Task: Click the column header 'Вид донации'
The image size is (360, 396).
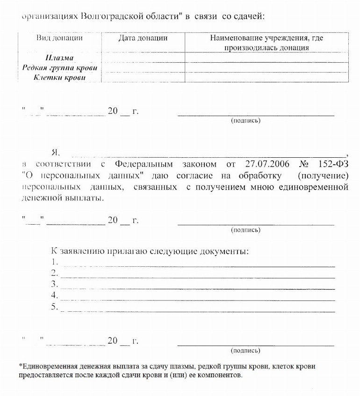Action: point(59,38)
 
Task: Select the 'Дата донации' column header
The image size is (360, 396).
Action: point(143,38)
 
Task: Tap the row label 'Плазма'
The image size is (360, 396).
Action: point(59,58)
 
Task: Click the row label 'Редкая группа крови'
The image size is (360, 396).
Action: point(59,68)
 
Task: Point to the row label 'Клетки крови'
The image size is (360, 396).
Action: point(59,78)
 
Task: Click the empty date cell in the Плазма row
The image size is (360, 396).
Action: point(143,58)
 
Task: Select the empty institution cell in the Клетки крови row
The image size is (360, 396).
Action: point(266,78)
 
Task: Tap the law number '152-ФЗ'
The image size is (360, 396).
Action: point(331,164)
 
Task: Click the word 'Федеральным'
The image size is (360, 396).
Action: point(144,164)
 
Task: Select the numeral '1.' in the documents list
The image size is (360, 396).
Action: point(55,262)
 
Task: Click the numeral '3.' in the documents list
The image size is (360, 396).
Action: point(55,284)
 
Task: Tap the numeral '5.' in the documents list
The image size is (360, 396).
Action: point(55,307)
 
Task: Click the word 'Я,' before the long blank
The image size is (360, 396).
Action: point(56,153)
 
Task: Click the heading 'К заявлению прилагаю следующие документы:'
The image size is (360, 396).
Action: point(150,251)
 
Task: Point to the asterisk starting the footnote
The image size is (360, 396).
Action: point(21,366)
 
